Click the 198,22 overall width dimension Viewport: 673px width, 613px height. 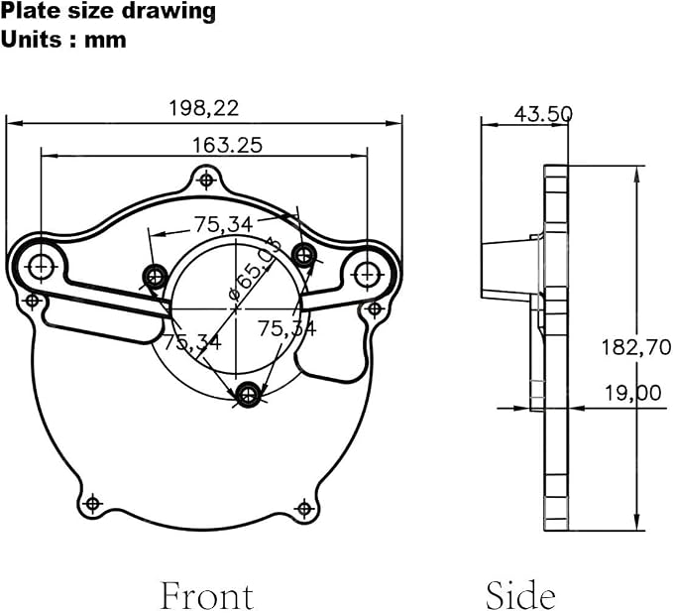[204, 108]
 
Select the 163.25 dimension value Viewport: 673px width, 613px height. [227, 145]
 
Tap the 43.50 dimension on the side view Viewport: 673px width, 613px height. [543, 114]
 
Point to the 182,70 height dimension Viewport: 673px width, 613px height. [635, 347]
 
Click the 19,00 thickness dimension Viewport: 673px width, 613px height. [632, 393]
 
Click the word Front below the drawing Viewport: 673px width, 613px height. [207, 595]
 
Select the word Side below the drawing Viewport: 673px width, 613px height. [520, 594]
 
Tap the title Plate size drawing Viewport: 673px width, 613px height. [108, 11]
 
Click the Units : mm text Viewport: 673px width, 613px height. [63, 40]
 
